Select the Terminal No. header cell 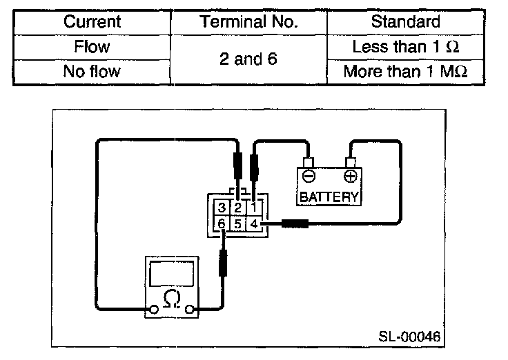pos(248,21)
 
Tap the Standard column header pos(405,21)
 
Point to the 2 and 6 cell pos(248,59)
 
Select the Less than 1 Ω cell pos(405,48)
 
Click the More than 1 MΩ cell pos(405,72)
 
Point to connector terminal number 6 pos(222,223)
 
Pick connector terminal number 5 pos(237,223)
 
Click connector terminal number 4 pos(254,223)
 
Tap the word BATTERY pos(329,197)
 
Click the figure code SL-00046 pos(409,337)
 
